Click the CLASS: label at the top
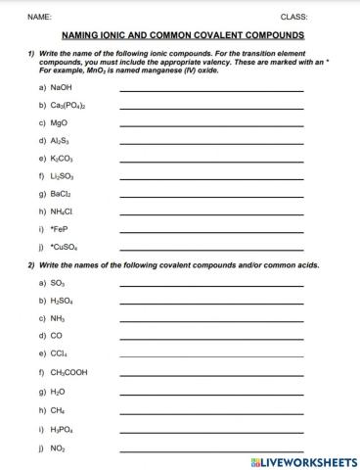tap(293, 18)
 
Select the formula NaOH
tap(61, 87)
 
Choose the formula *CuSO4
tap(64, 247)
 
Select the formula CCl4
tap(59, 353)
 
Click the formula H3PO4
tap(62, 428)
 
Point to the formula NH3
tap(58, 318)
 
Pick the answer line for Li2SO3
tap(211, 179)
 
